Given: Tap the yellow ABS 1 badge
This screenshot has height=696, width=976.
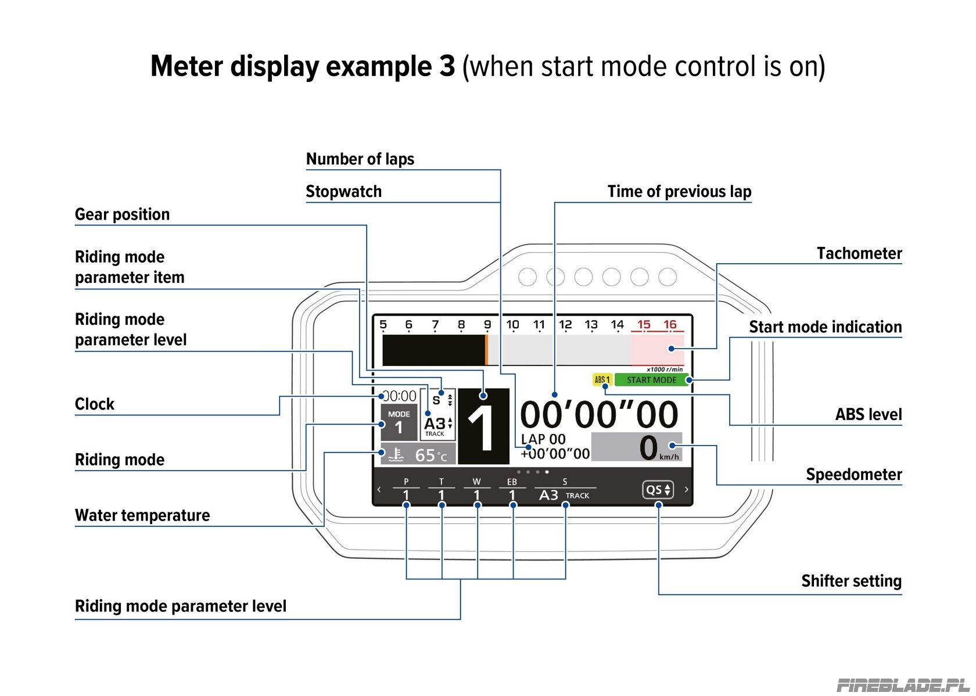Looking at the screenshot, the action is tap(602, 380).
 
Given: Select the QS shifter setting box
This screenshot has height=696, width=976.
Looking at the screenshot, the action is tap(658, 489).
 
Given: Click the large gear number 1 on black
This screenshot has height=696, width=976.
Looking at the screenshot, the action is tap(483, 426).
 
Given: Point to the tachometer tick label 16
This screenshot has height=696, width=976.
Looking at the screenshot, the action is tap(670, 324).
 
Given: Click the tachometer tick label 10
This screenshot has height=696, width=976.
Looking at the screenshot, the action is tap(512, 324).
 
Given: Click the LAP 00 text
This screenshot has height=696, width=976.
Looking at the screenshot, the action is tap(543, 439).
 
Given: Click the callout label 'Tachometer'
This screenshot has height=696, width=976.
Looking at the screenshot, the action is tap(859, 254).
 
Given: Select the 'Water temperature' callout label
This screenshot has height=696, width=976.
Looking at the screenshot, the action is tap(142, 515).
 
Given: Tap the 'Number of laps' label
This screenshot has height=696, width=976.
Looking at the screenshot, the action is tap(360, 159).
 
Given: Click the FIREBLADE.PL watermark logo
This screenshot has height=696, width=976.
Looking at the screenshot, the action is tap(903, 686).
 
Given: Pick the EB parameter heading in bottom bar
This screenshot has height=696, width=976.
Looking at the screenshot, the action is tap(512, 482).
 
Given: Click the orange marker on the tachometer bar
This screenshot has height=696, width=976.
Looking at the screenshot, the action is tap(486, 350).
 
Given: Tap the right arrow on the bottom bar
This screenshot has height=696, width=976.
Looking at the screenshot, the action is tap(687, 489).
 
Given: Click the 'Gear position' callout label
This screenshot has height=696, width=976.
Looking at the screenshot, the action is tap(123, 214).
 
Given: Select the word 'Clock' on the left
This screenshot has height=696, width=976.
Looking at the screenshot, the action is tap(95, 404).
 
